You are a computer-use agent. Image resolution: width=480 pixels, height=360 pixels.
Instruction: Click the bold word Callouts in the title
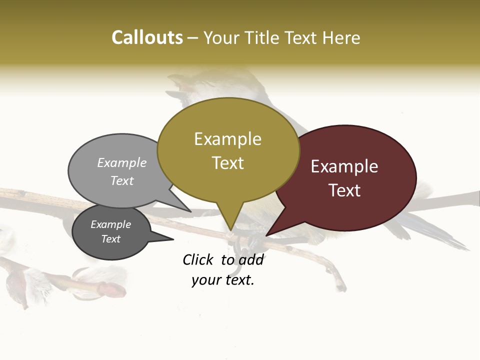point(147,37)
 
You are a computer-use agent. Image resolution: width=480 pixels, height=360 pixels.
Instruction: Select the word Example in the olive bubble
point(227,139)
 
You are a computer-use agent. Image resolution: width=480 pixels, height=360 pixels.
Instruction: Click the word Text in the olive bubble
point(227,163)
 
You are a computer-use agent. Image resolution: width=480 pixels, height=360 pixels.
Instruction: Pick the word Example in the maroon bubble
point(344,166)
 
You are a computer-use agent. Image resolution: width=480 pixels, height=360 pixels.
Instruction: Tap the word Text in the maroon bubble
point(344,190)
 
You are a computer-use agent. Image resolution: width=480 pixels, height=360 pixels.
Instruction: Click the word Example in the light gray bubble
point(122,162)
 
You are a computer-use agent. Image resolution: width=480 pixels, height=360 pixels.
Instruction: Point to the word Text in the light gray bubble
point(122,180)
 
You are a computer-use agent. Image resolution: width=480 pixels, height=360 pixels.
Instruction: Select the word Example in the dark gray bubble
point(110,224)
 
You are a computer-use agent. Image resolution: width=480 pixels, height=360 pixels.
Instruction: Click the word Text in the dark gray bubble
point(110,239)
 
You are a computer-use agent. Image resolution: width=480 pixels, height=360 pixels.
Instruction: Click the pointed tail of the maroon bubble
point(269,233)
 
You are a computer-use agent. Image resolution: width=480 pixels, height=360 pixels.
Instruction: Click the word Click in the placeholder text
point(198,259)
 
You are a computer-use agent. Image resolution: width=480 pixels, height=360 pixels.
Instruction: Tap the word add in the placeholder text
point(251,259)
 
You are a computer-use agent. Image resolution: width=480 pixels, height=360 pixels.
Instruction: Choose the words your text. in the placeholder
point(223,280)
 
